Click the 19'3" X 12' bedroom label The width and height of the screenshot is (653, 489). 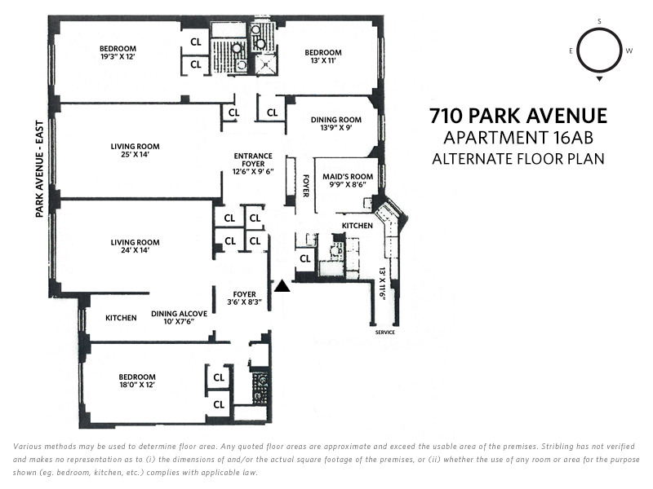click(118, 52)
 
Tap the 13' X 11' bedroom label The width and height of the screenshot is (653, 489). click(322, 56)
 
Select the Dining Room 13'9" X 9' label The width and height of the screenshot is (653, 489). click(335, 124)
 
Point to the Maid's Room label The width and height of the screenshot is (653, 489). click(348, 180)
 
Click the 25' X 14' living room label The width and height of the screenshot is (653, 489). click(135, 150)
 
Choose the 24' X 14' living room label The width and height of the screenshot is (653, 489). click(135, 246)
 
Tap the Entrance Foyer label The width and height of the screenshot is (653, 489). click(253, 164)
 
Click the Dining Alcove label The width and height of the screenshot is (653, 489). click(179, 317)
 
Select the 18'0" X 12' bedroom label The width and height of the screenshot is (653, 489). click(137, 381)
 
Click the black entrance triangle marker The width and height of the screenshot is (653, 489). click(282, 286)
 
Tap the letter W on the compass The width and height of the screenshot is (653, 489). click(629, 51)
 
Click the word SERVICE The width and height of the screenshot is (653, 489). click(384, 333)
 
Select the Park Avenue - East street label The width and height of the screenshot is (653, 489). click(39, 169)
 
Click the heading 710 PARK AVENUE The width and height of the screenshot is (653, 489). click(518, 116)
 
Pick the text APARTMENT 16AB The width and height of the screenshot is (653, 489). click(518, 138)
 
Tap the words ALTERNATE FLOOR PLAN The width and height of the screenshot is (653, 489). click(518, 159)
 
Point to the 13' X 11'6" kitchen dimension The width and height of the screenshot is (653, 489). click(382, 283)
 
